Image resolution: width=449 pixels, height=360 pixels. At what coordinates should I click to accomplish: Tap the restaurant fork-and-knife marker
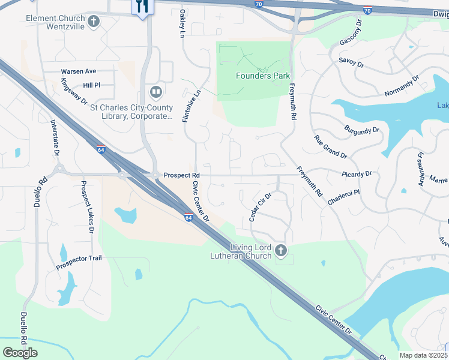(x=142, y=7)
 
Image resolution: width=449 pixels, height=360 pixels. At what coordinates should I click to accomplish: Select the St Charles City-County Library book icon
(x=155, y=92)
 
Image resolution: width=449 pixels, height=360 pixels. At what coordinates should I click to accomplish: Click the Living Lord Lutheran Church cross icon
(x=280, y=250)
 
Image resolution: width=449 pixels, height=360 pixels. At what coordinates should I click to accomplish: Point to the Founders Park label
(x=263, y=76)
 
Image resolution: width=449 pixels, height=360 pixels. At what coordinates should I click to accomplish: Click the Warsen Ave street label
(x=79, y=71)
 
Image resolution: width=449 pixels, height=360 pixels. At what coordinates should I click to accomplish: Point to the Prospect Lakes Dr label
(x=87, y=208)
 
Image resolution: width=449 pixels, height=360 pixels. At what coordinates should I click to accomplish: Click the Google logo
(x=20, y=353)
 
